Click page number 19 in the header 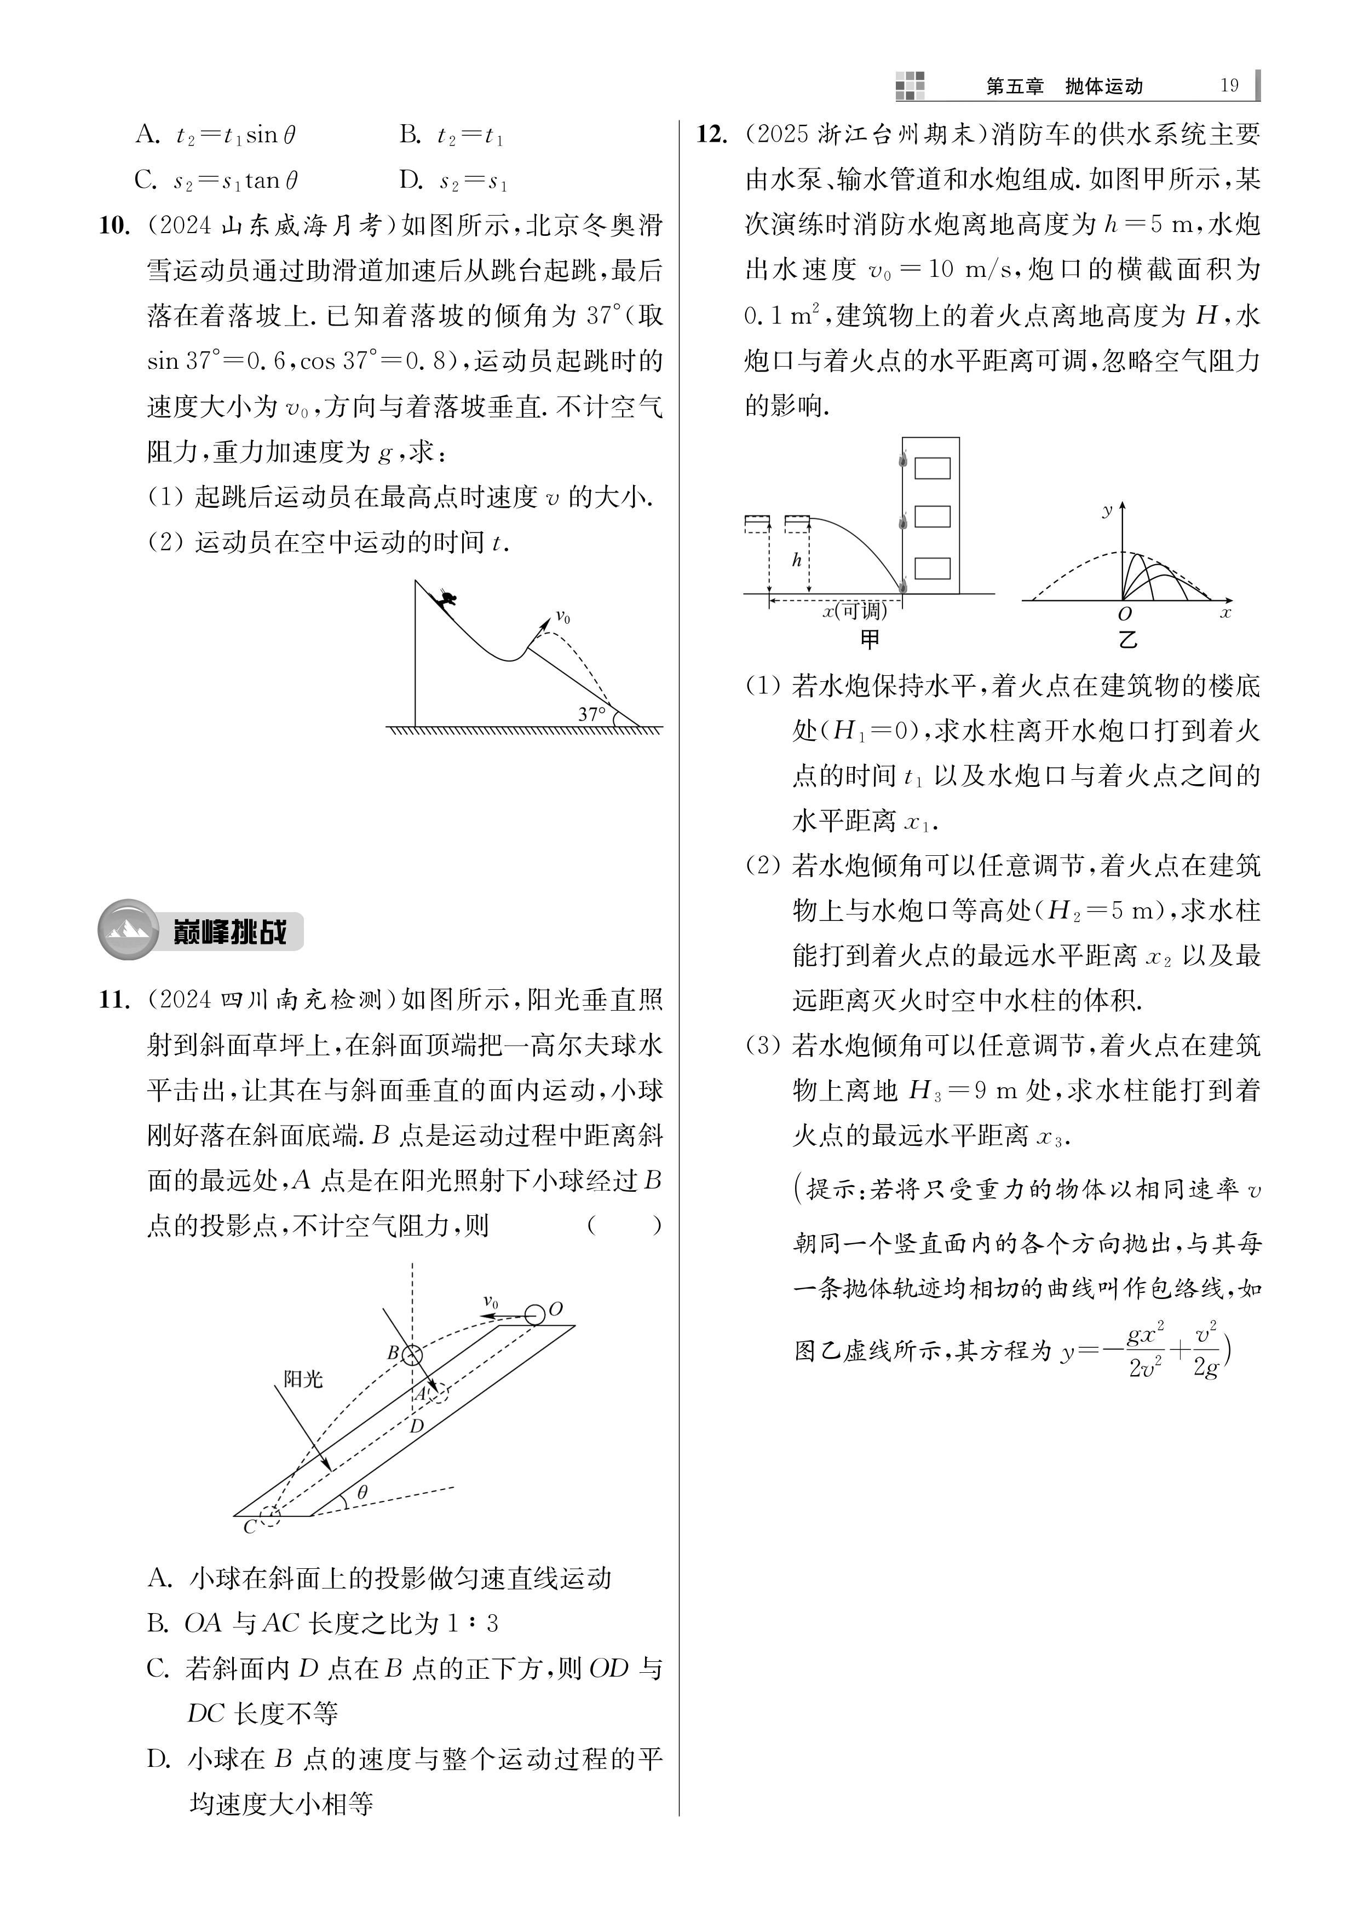[1228, 85]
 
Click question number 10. [114, 225]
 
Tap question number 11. [114, 1000]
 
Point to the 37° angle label [592, 715]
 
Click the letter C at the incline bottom [249, 1527]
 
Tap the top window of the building [931, 468]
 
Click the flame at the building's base [902, 586]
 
